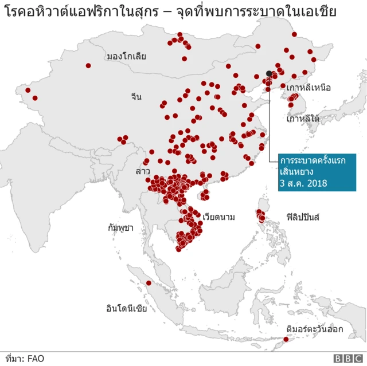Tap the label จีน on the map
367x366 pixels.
coord(136,97)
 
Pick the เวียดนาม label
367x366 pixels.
coord(218,217)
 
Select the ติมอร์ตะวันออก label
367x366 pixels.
coord(314,328)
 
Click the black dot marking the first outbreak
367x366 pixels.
coord(269,73)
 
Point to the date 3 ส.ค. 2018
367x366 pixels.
coord(303,183)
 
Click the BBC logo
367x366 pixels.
coord(345,359)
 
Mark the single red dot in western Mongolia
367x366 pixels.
coord(88,66)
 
